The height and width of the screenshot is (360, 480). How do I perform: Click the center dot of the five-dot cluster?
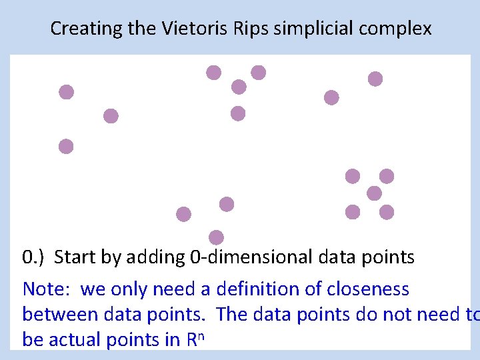(x=374, y=193)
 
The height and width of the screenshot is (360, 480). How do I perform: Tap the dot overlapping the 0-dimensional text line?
(x=216, y=237)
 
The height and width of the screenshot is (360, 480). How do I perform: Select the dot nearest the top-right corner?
(x=375, y=79)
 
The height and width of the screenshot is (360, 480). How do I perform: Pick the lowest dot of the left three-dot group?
(x=66, y=147)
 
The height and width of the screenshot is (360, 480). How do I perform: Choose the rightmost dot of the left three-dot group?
(x=111, y=116)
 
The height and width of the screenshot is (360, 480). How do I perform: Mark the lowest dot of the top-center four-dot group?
(x=238, y=114)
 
